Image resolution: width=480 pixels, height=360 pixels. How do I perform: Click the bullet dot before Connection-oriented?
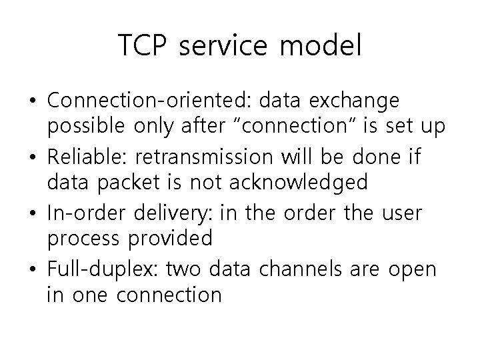click(x=33, y=101)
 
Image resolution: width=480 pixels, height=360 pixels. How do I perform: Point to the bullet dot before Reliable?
click(x=33, y=159)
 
